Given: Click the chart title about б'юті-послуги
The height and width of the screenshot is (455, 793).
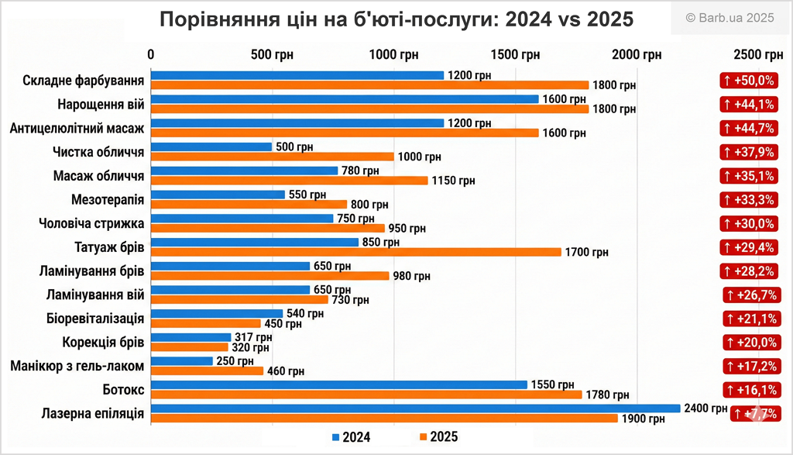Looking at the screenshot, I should point(396,19).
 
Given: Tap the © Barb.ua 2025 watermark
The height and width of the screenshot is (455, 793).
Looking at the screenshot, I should point(729,18).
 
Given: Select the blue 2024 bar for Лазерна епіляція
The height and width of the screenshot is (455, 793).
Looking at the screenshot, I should point(415,408).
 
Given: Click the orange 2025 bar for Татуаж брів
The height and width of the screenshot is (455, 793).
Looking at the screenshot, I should point(355,252).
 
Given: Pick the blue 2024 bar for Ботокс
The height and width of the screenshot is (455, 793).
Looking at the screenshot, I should point(338,384).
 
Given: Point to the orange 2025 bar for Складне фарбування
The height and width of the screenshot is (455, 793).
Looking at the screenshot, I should point(369,85).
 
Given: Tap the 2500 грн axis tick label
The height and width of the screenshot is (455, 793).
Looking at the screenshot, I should point(757,55).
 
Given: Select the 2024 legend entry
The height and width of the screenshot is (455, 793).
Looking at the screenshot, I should point(351,437).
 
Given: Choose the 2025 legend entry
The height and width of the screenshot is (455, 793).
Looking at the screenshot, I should point(438,437).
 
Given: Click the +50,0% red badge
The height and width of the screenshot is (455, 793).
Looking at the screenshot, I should point(748,81).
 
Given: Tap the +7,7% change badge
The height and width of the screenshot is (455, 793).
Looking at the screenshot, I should point(757,414).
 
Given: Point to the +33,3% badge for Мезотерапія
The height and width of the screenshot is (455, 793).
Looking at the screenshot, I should point(748,200).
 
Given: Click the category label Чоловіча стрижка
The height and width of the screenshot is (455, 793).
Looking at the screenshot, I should point(91,224).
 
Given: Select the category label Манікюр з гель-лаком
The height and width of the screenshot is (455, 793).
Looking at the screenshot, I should point(77,366).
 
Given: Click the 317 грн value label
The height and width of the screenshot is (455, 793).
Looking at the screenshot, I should point(253,337).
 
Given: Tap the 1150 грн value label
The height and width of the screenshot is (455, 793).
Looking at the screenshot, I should point(452,181).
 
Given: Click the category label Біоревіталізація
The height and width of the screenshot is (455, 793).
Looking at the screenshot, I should point(94,319).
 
